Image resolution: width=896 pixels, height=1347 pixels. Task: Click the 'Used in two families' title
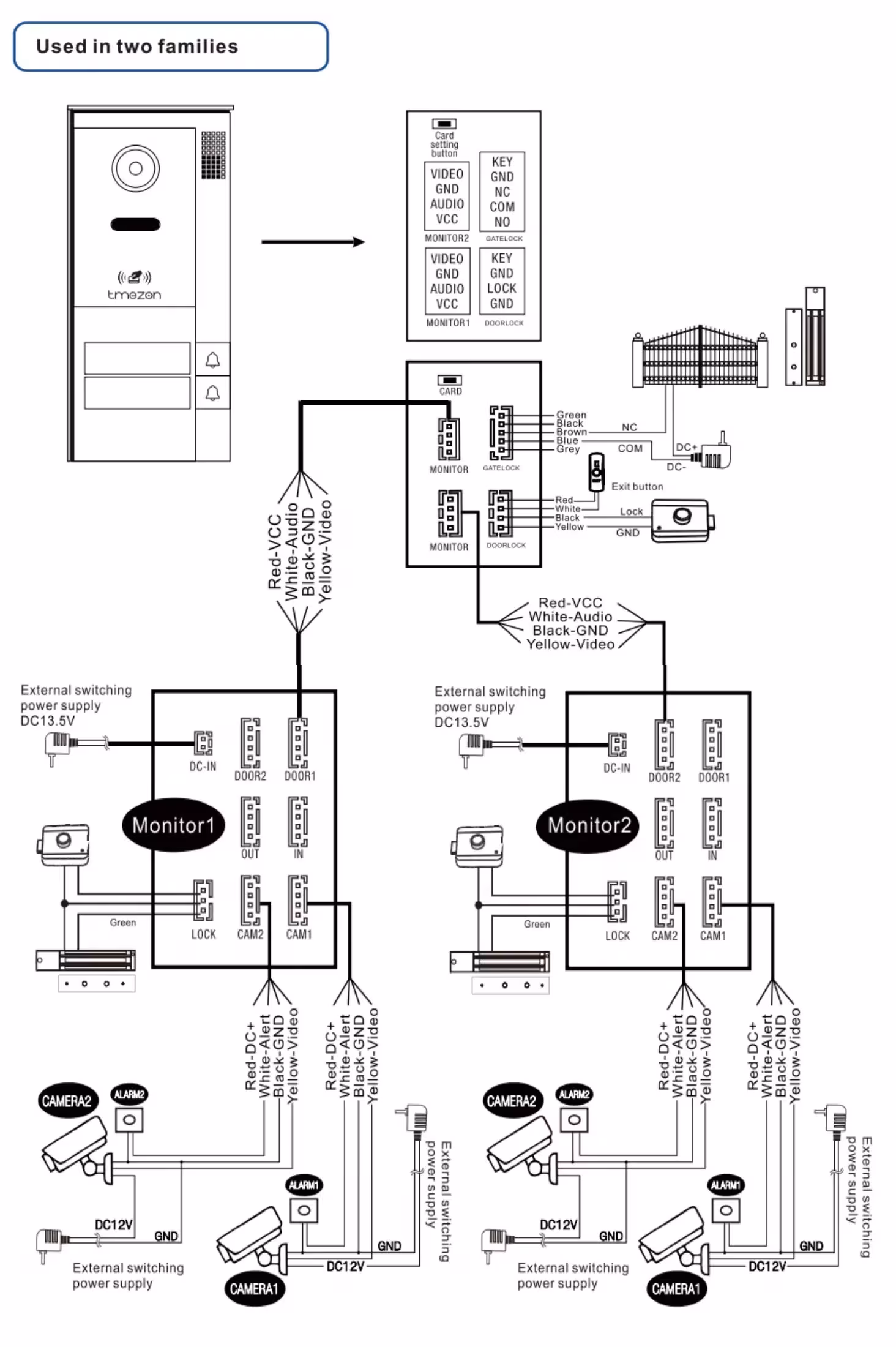(137, 47)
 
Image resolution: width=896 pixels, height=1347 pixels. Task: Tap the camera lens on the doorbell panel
(135, 168)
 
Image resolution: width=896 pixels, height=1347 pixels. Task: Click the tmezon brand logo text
(134, 295)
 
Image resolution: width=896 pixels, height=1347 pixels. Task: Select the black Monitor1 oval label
(174, 825)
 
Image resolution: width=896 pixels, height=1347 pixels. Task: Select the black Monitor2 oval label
(589, 825)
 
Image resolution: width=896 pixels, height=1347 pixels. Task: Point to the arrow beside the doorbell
(313, 242)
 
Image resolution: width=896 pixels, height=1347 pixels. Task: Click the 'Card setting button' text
(444, 144)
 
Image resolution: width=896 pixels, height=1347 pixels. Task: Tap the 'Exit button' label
(637, 487)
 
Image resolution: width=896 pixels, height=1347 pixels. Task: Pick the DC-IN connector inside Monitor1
(203, 743)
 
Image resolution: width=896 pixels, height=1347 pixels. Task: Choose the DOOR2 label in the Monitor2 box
(664, 778)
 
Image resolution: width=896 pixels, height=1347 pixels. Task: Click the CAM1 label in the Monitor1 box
(299, 934)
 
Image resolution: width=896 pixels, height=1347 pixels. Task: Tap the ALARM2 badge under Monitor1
(129, 1094)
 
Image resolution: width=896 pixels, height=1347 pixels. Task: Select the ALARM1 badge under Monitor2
(725, 1185)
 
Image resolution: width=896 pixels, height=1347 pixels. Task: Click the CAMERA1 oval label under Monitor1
(254, 1289)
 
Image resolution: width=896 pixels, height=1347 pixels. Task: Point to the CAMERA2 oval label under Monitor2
(512, 1101)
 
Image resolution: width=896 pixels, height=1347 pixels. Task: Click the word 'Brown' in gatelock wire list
(572, 432)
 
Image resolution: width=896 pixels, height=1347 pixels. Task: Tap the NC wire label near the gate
(629, 427)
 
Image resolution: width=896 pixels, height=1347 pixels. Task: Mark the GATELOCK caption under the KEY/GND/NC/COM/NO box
(504, 239)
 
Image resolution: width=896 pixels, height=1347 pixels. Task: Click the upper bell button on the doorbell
(212, 360)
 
